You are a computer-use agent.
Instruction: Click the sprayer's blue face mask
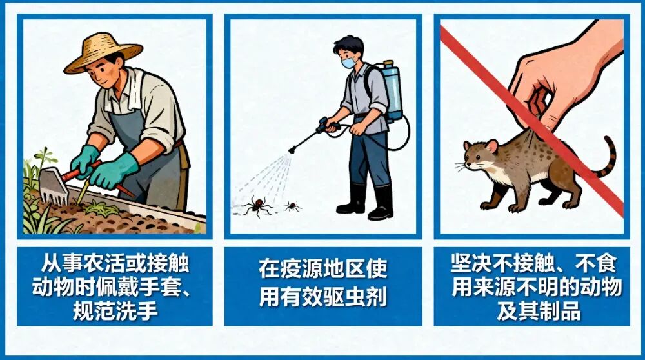pos(348,63)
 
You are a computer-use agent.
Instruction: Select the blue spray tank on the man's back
pos(392,90)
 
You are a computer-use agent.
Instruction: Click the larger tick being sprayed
pos(258,205)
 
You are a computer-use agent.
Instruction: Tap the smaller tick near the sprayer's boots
pos(292,206)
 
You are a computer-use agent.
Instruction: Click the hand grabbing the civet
pos(564,74)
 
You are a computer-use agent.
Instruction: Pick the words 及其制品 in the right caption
pos(539,311)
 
